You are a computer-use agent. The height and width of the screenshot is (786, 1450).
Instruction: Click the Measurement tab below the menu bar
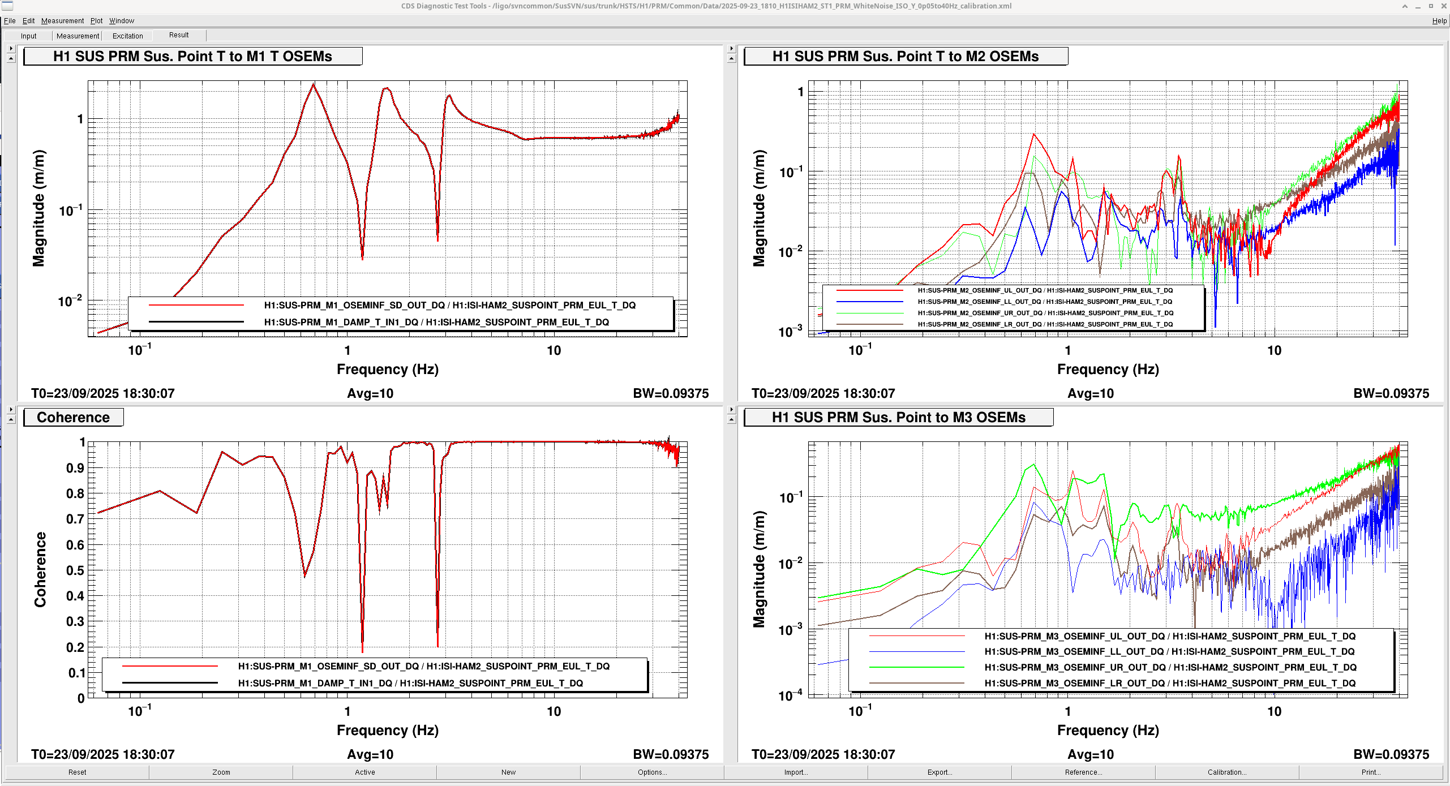78,36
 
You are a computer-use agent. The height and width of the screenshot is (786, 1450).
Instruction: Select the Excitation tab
127,36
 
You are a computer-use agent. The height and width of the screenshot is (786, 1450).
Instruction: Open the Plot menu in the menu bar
96,21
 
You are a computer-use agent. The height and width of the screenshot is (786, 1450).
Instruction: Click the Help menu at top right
1439,21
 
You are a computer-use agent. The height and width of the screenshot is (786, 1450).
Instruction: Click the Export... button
940,772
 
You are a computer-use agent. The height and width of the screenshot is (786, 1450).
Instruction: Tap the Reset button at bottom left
78,772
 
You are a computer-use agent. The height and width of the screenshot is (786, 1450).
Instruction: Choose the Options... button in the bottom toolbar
652,772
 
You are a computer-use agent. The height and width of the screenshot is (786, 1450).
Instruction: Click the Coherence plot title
74,417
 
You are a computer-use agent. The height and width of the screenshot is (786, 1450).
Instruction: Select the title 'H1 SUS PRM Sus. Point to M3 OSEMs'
898,417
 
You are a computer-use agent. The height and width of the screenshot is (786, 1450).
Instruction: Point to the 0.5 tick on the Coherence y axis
75,570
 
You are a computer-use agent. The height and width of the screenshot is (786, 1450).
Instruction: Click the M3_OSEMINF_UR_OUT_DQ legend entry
1170,668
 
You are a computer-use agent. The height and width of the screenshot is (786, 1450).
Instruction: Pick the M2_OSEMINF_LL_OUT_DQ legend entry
1045,302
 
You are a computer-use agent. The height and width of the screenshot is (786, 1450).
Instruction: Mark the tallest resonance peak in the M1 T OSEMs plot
314,84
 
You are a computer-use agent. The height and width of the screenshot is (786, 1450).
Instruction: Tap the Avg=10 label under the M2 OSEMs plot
1090,393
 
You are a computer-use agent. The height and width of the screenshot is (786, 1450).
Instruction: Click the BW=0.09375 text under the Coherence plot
671,754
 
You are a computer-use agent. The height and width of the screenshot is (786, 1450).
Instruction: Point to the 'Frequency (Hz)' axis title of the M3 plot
1108,730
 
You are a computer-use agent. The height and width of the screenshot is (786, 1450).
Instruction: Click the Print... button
1370,772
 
